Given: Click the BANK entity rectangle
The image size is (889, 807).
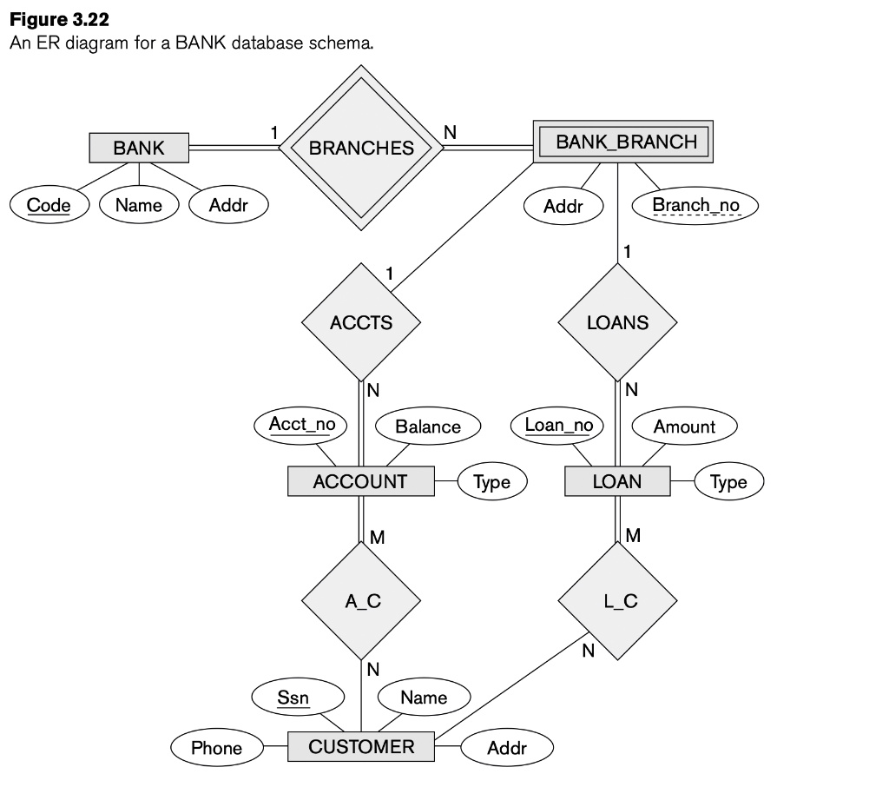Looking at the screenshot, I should (x=139, y=148).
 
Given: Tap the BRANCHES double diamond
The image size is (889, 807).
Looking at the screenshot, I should (x=361, y=149).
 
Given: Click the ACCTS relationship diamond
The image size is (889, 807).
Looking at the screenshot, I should (x=361, y=322).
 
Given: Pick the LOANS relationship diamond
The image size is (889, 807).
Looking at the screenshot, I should (x=617, y=322).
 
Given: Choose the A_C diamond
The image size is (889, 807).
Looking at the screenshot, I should (x=361, y=599).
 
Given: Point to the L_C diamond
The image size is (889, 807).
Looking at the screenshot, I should (x=617, y=599).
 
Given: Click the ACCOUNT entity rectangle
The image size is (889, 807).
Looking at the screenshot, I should (x=360, y=481).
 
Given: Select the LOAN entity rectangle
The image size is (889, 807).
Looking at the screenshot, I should (x=616, y=481).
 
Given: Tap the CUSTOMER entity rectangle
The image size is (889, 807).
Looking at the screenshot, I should (x=360, y=746).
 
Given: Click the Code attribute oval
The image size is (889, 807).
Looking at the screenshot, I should (x=49, y=205).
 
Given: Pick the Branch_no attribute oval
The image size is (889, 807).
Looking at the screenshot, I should (x=695, y=205).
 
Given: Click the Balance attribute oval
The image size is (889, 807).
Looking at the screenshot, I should (x=428, y=427).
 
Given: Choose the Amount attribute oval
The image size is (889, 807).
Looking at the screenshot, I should (x=684, y=427).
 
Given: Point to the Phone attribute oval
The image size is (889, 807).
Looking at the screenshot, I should (x=216, y=748).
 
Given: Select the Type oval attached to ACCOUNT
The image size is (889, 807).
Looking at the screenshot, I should (x=492, y=482).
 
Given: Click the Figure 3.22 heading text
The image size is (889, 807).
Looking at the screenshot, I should (x=60, y=19).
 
